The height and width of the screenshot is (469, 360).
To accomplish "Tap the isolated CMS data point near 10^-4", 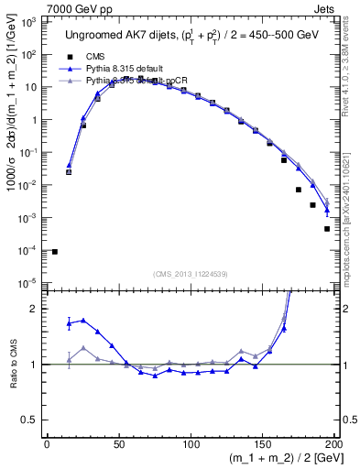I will click(x=55, y=251).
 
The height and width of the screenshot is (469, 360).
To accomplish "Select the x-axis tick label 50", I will click(x=119, y=446).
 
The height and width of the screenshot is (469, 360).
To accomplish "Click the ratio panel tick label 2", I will click(x=34, y=309).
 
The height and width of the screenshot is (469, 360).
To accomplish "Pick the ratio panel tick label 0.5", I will click(x=30, y=421).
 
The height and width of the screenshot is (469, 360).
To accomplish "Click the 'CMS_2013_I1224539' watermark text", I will click(x=190, y=273).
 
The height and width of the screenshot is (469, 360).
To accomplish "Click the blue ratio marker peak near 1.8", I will click(x=83, y=320).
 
